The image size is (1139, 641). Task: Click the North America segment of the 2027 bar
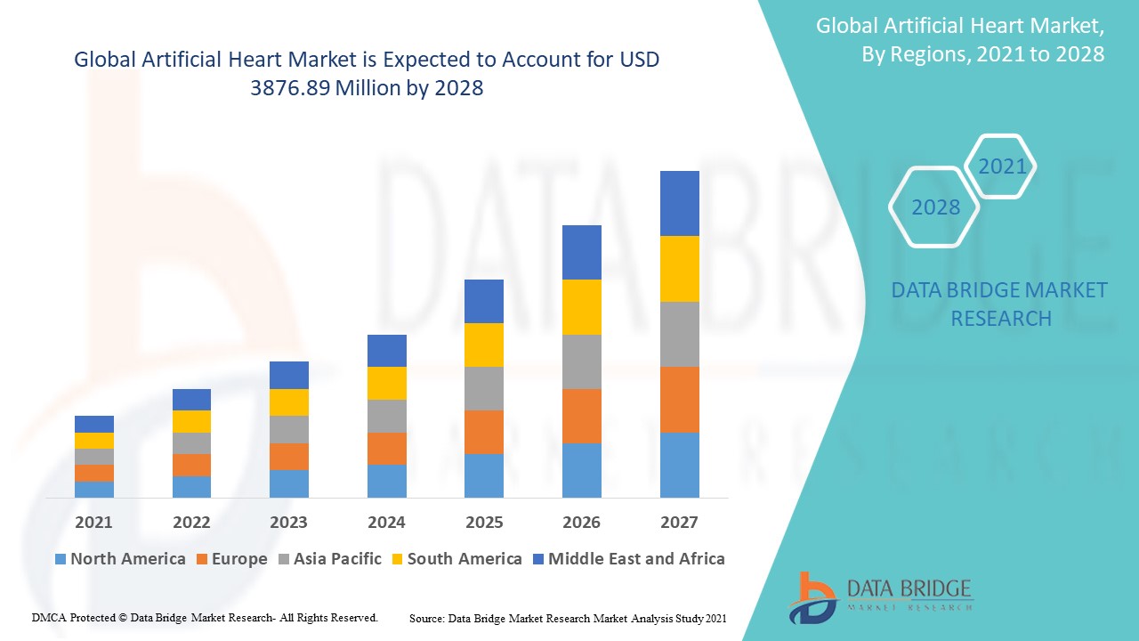pos(679,465)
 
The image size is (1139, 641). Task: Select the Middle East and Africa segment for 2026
pos(581,252)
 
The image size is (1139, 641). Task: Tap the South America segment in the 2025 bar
pos(483,345)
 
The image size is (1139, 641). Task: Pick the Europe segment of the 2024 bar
pos(386,449)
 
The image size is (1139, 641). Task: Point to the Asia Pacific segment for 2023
pos(288,429)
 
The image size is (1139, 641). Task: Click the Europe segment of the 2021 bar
pos(93,473)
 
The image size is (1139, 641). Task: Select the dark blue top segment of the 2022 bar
pos(191,400)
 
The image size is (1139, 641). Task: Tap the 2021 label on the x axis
pos(93,522)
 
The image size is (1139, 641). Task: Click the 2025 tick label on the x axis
pos(483,522)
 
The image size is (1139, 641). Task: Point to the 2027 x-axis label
pos(679,522)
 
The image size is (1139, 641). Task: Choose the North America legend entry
pos(119,559)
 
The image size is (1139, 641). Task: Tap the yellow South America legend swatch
pos(396,559)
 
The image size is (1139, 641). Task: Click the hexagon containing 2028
pos(934,207)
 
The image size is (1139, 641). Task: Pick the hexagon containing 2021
pos(1002,166)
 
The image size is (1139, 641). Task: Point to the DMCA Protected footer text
pos(205,617)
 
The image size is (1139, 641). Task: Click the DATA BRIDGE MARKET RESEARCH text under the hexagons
pos(999,304)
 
